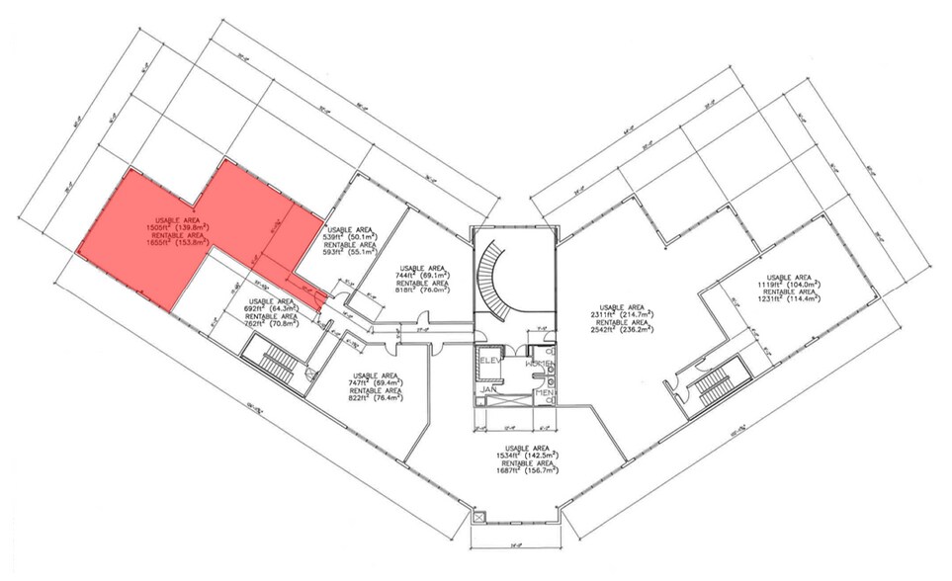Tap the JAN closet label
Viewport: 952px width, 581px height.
[487, 389]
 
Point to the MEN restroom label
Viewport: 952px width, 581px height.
[543, 393]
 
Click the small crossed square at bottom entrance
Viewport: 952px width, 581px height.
[479, 516]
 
